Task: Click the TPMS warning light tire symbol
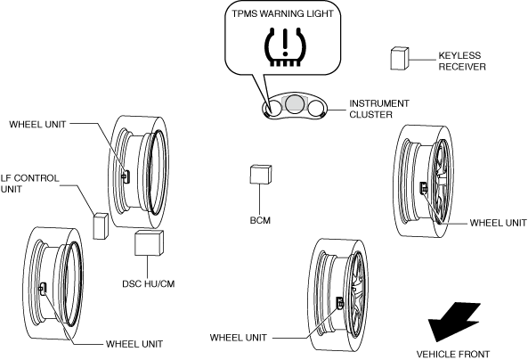coord(286,47)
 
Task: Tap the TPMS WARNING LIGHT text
coord(282,14)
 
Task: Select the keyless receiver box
coord(400,59)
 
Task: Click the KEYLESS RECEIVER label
coord(462,61)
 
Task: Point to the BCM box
coord(261,175)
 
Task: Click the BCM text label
coord(260,220)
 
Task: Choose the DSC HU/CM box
coord(149,242)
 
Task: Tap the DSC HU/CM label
coord(149,284)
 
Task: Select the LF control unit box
coord(101,226)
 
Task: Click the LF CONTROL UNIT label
coord(29,184)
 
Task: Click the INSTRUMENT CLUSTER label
coord(379,109)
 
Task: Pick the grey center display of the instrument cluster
coord(295,103)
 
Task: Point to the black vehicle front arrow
coord(453,322)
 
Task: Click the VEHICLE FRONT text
coord(453,355)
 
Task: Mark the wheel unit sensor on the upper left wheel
coord(126,176)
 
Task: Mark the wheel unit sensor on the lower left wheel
coord(43,289)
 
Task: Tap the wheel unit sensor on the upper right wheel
coord(423,188)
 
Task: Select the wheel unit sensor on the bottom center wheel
coord(340,303)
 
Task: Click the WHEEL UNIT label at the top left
coord(37,125)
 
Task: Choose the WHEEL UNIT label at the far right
coord(499,223)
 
